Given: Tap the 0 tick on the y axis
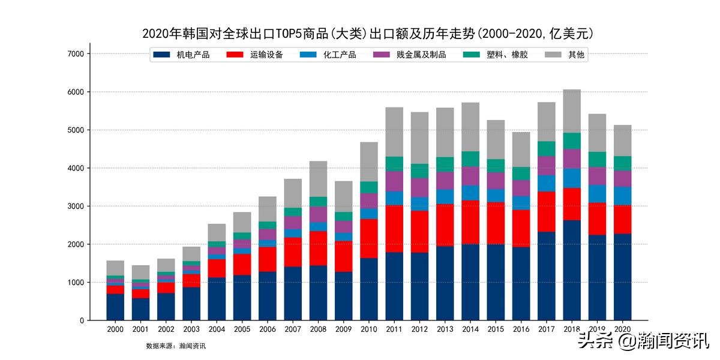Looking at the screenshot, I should click(x=81, y=320).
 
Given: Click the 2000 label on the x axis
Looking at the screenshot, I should click(x=115, y=329).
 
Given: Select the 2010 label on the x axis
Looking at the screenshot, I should click(x=369, y=329).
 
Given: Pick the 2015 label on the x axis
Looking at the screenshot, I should click(x=496, y=329).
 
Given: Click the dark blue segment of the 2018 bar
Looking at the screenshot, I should click(x=572, y=270).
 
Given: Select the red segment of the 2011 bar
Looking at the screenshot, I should click(x=394, y=229).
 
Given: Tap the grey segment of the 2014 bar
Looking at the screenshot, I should click(x=470, y=127).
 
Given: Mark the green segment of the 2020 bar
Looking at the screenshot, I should click(x=623, y=163).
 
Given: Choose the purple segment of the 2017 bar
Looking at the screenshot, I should click(x=547, y=166).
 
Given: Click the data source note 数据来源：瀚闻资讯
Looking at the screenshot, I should click(x=176, y=346).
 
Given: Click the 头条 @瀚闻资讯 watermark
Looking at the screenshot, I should click(x=643, y=343).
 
